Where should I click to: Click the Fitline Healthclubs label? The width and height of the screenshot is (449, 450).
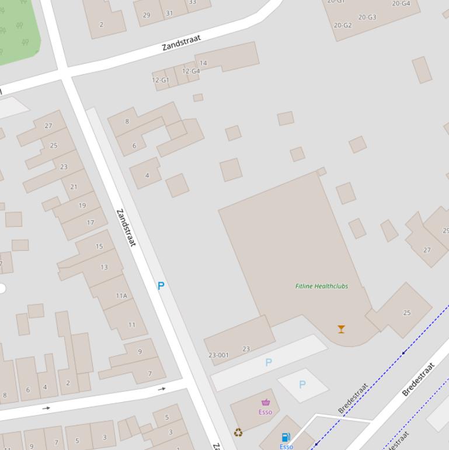pos(322,286)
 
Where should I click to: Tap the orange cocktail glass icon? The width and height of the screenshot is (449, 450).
pos(341,329)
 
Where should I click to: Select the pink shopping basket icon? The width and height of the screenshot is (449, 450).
pos(266,402)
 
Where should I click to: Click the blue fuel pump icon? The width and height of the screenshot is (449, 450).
pos(286,437)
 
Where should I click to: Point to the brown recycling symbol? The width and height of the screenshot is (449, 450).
pos(238,432)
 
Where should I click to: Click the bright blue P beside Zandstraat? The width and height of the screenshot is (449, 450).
pos(161,286)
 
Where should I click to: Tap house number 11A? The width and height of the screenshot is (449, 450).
pos(121,296)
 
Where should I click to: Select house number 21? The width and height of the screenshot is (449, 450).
pos(74,187)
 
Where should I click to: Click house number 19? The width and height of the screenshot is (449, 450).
pos(82,205)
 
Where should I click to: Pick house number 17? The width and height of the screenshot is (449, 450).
pos(91,223)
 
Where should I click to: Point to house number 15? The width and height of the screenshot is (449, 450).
pos(99,247)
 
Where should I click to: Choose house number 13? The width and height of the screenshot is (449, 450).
pos(104,267)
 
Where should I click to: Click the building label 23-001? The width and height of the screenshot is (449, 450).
pos(218,355)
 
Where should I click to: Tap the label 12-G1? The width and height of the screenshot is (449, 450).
pos(160,80)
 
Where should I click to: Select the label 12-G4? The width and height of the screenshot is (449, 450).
pos(191,71)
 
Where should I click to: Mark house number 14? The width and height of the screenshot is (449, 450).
pos(203,63)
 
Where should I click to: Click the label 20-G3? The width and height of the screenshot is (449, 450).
pos(367,17)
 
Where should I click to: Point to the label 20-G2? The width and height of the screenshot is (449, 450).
pos(343,25)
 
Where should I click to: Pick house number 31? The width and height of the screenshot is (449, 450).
pos(169,13)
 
